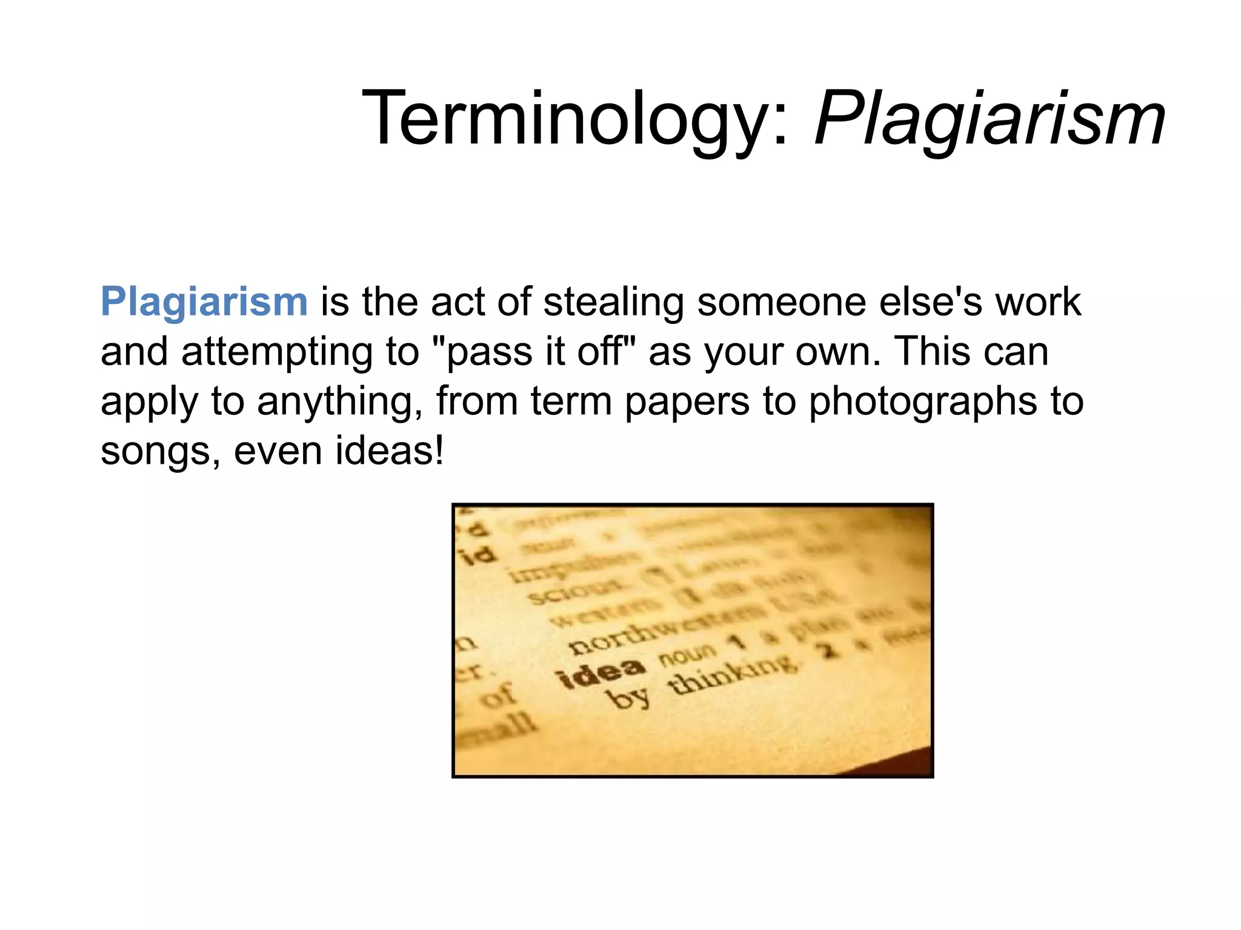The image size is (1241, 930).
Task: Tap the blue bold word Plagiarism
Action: [x=204, y=302]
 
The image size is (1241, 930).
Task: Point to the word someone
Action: [x=782, y=302]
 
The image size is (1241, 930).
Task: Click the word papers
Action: [x=687, y=402]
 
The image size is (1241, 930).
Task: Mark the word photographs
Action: [x=923, y=402]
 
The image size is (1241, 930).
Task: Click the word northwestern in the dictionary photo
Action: [x=660, y=630]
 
